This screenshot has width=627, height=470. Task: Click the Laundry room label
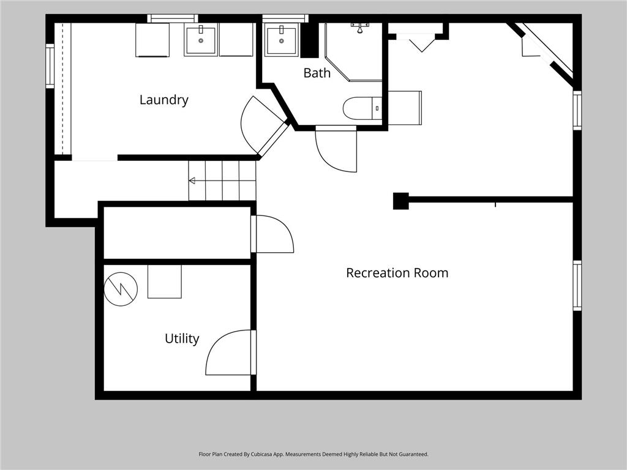pyautogui.click(x=164, y=100)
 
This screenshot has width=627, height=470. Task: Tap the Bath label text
pyautogui.click(x=317, y=73)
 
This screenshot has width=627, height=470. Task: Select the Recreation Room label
pyautogui.click(x=397, y=273)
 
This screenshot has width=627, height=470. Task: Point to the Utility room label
pyautogui.click(x=182, y=339)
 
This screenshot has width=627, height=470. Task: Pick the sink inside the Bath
pyautogui.click(x=282, y=40)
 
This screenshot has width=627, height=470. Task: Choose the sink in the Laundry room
pyautogui.click(x=201, y=40)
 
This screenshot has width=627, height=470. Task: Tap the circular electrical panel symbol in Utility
pyautogui.click(x=121, y=289)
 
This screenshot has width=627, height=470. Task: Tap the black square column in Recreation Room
pyautogui.click(x=400, y=201)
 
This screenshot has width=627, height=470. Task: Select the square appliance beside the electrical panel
pyautogui.click(x=164, y=282)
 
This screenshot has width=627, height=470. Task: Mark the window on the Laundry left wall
pyautogui.click(x=50, y=65)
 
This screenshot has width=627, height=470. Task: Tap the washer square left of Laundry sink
pyautogui.click(x=152, y=40)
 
